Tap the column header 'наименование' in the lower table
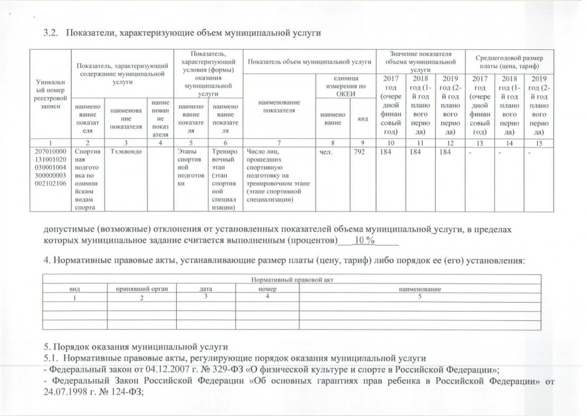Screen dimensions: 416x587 point(420,288)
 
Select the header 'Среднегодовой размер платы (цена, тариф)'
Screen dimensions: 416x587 point(505,61)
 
